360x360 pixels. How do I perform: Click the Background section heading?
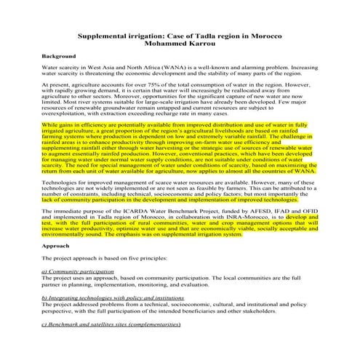(x=60, y=56)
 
